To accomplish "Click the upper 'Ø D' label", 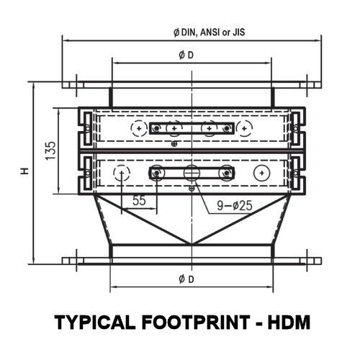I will [x=185, y=57].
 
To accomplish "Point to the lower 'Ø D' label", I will [x=185, y=279].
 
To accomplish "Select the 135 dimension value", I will [x=50, y=151].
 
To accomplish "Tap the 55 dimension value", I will [x=139, y=201].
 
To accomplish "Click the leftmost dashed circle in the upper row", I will [x=139, y=128].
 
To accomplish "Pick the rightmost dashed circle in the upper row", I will [x=245, y=128].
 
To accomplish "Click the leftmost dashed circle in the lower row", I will [x=122, y=173].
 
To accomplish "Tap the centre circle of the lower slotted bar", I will [x=191, y=173].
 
